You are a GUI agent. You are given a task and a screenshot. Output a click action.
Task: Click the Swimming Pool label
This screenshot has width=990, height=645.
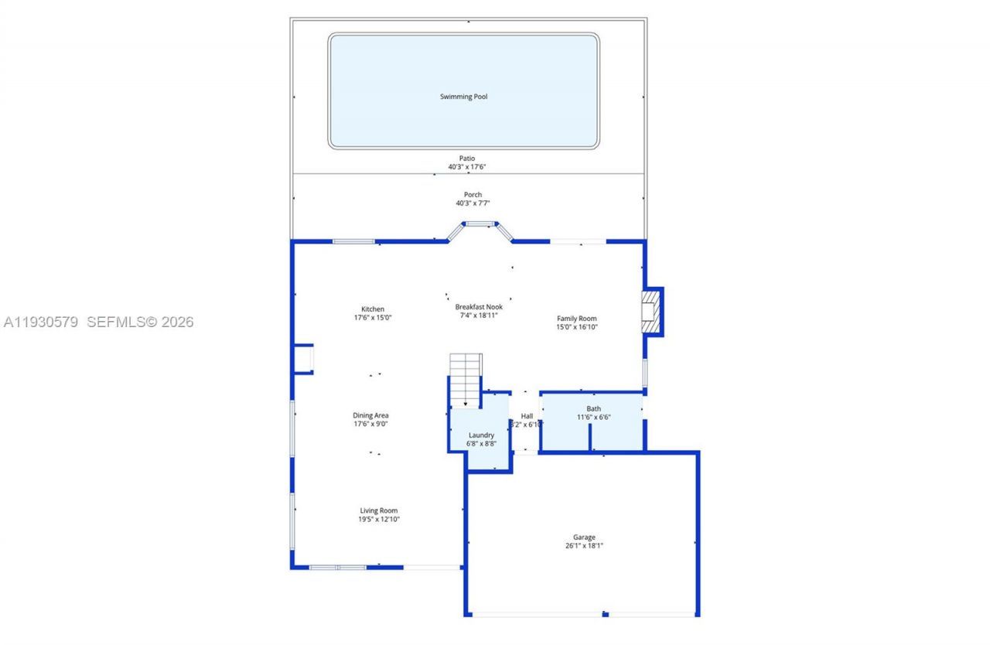click(x=463, y=97)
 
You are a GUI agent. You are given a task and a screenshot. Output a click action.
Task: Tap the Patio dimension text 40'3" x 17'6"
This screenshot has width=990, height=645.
click(x=466, y=167)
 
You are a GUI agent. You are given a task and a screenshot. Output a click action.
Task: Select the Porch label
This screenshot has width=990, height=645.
click(x=473, y=195)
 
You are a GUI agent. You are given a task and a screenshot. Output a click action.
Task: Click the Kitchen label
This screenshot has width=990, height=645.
click(x=372, y=309)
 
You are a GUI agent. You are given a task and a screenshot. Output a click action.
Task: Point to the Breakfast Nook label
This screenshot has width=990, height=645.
click(x=479, y=307)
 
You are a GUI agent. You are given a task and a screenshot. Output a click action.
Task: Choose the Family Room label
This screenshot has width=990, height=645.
click(x=577, y=319)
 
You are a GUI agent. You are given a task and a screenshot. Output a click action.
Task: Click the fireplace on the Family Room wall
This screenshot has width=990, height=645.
click(x=651, y=312)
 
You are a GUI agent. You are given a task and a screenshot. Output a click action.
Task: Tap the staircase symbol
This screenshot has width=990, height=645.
click(x=466, y=379)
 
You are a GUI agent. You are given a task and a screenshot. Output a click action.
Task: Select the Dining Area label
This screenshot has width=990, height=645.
click(x=370, y=415)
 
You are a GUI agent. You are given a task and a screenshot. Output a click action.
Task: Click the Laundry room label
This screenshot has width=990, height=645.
click(x=481, y=435)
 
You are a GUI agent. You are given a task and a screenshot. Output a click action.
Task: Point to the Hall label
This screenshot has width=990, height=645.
click(x=527, y=416)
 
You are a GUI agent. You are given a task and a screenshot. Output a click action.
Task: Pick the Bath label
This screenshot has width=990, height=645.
click(x=593, y=409)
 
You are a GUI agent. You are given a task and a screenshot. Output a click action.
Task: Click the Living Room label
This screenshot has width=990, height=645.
click(x=378, y=510)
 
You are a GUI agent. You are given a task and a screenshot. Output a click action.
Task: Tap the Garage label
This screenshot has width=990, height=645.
click(x=584, y=537)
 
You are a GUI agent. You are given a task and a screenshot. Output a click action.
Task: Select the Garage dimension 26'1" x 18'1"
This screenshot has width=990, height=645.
click(x=584, y=546)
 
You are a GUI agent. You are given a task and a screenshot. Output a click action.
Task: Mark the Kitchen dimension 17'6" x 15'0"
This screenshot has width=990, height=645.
click(x=372, y=318)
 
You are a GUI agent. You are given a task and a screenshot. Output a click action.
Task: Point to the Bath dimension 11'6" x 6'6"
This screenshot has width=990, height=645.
click(x=593, y=418)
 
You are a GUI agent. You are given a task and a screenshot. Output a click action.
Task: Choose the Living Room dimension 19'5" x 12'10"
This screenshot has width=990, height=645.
click(x=378, y=519)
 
